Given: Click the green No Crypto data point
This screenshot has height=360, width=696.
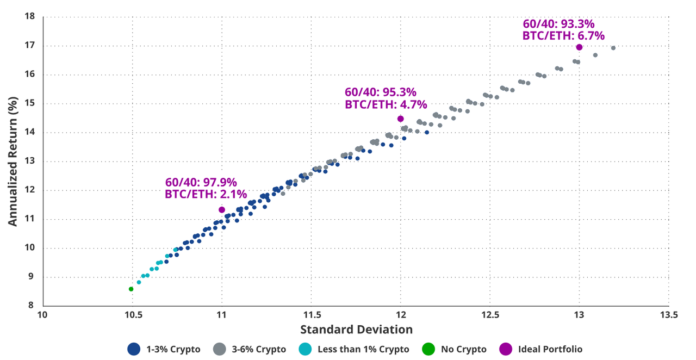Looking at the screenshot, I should (x=131, y=289).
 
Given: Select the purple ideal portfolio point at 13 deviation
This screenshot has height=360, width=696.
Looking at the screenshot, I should (x=579, y=47).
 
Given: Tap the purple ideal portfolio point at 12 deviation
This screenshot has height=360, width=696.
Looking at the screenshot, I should (x=401, y=119).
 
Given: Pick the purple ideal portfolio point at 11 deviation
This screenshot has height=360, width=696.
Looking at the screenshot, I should (x=222, y=210).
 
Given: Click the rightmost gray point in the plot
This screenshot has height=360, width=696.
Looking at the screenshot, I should (x=613, y=48).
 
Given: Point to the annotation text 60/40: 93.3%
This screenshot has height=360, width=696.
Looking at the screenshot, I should (x=558, y=24).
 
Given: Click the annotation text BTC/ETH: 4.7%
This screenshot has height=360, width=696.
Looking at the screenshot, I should (x=386, y=104).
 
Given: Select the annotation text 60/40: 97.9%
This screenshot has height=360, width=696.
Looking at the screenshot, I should (x=201, y=182).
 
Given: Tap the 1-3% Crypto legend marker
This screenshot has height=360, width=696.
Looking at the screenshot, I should (x=134, y=349).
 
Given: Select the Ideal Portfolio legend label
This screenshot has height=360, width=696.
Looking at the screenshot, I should (x=550, y=349).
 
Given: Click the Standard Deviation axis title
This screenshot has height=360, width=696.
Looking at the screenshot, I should (x=356, y=330).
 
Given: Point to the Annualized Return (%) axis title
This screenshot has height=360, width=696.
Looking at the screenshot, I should (x=14, y=161).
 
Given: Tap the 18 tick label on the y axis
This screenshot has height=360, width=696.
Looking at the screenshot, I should (x=30, y=16).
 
